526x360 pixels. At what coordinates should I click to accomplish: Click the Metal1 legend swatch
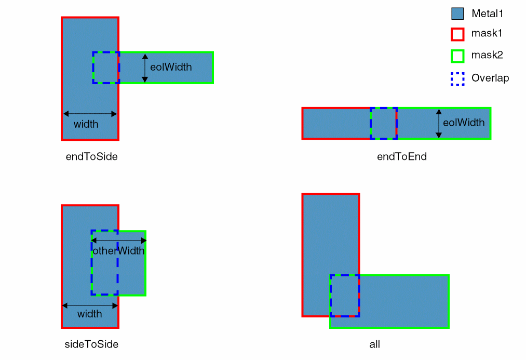pyautogui.click(x=457, y=14)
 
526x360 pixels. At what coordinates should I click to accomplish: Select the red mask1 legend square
pyautogui.click(x=457, y=34)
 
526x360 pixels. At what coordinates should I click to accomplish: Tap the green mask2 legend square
pyautogui.click(x=457, y=56)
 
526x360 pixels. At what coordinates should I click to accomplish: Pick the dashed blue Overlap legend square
pyautogui.click(x=457, y=78)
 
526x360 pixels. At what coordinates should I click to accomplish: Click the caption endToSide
pyautogui.click(x=91, y=156)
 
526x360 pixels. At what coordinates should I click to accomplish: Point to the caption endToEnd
pyautogui.click(x=401, y=156)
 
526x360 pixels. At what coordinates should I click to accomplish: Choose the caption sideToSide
pyautogui.click(x=92, y=344)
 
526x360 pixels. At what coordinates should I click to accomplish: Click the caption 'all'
pyautogui.click(x=374, y=344)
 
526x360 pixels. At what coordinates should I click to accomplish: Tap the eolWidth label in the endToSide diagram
pyautogui.click(x=171, y=67)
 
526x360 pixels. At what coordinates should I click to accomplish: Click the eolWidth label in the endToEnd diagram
pyautogui.click(x=464, y=123)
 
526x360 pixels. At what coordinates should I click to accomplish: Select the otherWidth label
pyautogui.click(x=118, y=251)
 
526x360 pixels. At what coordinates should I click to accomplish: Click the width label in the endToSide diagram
pyautogui.click(x=86, y=124)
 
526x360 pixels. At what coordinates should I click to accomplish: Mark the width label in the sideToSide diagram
pyautogui.click(x=89, y=314)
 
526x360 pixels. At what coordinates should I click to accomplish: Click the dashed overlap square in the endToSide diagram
pyautogui.click(x=106, y=68)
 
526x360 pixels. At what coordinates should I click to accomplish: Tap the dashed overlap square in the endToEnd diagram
pyautogui.click(x=384, y=123)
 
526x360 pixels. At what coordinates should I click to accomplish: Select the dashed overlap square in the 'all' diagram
pyautogui.click(x=345, y=295)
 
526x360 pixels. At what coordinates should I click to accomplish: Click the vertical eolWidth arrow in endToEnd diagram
pyautogui.click(x=439, y=123)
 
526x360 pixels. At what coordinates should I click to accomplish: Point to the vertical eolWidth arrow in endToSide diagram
pyautogui.click(x=145, y=68)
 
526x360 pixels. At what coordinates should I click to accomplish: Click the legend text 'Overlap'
pyautogui.click(x=490, y=78)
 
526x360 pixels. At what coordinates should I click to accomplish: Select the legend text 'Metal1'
pyautogui.click(x=488, y=14)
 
